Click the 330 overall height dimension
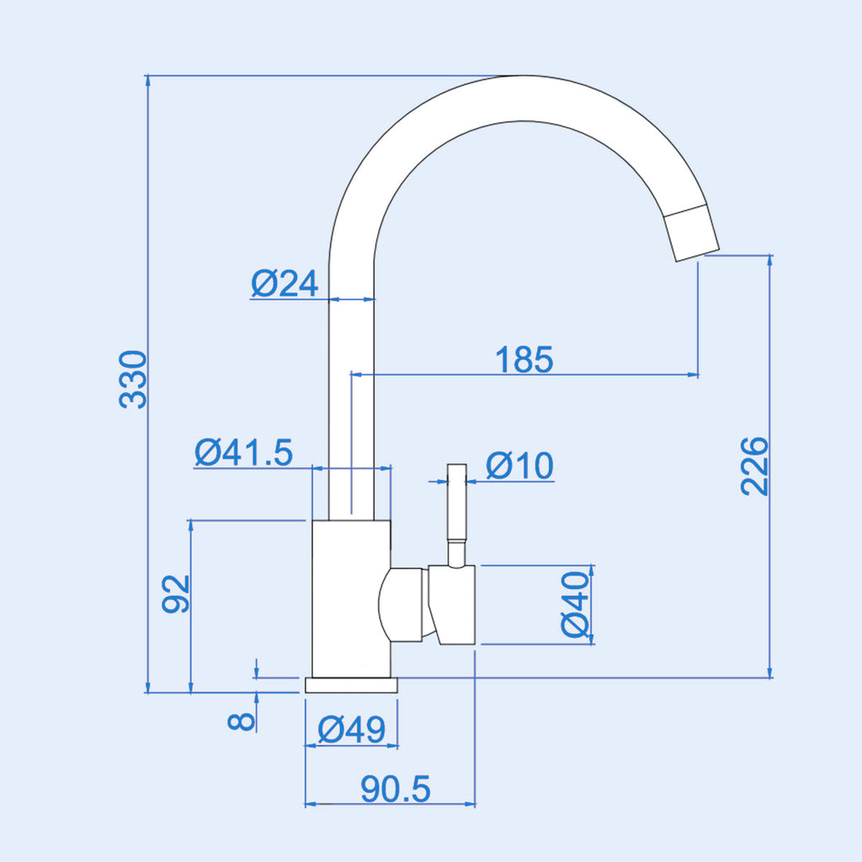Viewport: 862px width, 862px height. (133, 380)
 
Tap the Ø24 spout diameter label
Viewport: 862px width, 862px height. (285, 284)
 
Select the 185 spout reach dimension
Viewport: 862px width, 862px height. (524, 359)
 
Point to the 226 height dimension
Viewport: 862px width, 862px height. (753, 466)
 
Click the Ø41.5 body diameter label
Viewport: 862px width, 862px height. (243, 452)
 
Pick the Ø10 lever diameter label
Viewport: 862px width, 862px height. (519, 466)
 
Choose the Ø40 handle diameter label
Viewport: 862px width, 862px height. (575, 604)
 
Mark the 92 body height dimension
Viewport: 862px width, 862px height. (175, 593)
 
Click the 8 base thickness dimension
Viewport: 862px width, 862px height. (242, 721)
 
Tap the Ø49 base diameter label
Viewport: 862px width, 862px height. (352, 730)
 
